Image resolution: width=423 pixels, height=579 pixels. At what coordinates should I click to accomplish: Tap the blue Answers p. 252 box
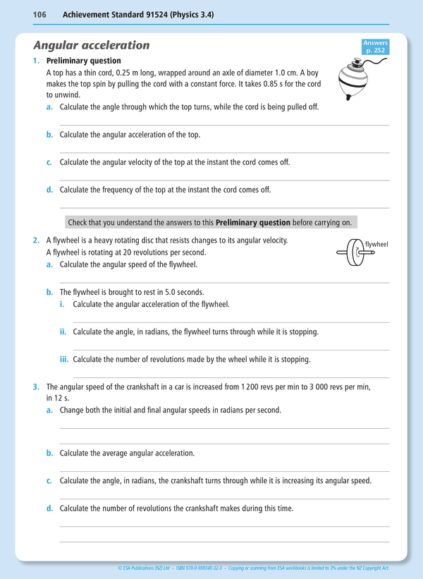[375, 47]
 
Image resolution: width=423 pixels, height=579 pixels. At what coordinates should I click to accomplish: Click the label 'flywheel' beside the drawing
[376, 245]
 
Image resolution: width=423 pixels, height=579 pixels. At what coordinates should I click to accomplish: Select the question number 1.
[37, 61]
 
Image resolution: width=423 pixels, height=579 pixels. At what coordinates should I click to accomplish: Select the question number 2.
[37, 240]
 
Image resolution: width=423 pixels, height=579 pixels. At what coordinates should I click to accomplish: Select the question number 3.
[37, 387]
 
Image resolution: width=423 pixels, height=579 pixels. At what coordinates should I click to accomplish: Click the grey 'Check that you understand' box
[210, 222]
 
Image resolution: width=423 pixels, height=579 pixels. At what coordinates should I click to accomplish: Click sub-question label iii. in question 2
[63, 359]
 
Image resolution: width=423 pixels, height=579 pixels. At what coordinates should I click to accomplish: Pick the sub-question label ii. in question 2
[63, 331]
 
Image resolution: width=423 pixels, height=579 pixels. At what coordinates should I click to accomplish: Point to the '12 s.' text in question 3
[56, 398]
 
